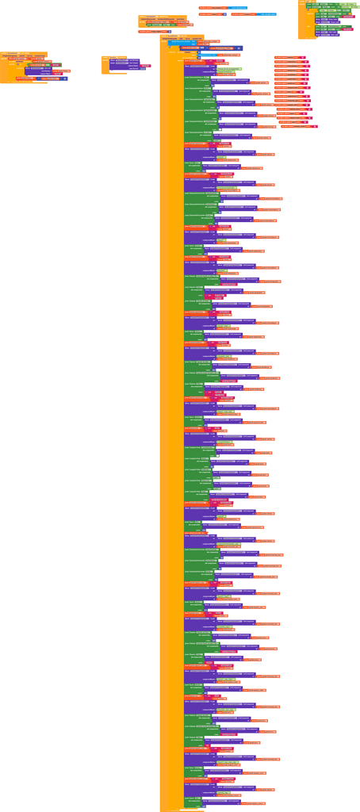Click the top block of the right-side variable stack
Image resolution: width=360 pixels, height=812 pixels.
289,57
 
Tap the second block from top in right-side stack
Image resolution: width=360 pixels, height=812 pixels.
289,62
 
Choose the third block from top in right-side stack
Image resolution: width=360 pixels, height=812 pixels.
289,67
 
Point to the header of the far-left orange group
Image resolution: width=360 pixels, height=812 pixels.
12,54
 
